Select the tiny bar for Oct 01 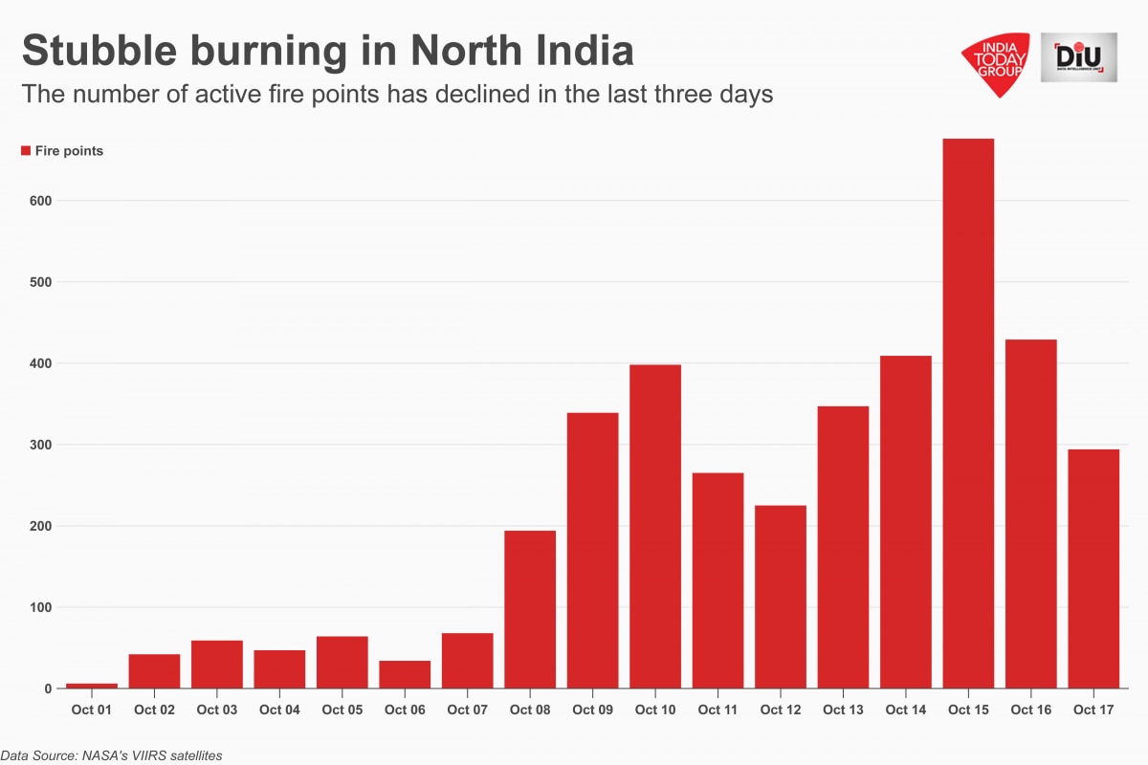coord(92,686)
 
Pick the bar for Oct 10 coord(655,526)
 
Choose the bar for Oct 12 coord(781,597)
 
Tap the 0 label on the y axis coord(48,688)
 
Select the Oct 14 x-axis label coord(905,710)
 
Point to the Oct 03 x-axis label coord(217,710)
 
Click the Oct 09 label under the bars coord(592,710)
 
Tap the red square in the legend coord(26,150)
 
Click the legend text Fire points coord(69,151)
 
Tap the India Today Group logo coord(996,63)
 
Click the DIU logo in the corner coord(1078,57)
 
